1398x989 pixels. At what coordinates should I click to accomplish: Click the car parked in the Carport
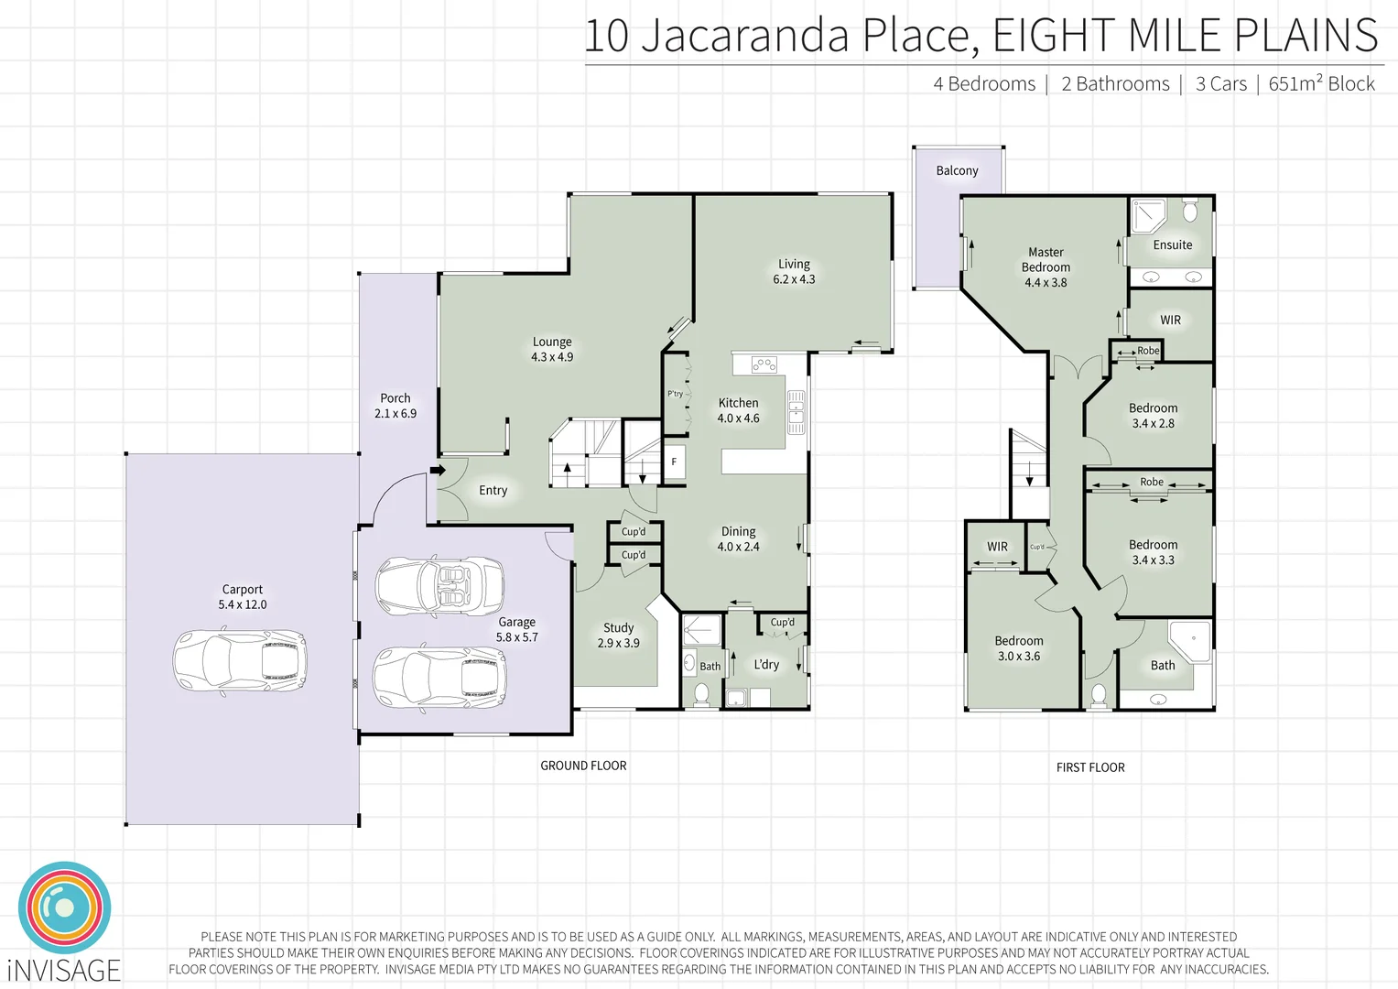coord(240,659)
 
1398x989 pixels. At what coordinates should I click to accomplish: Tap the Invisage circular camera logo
coord(64,907)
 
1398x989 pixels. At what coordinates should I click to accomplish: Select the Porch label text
coord(396,398)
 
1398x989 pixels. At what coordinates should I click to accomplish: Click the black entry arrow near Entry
coord(438,471)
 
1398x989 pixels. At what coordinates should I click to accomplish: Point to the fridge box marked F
coord(674,462)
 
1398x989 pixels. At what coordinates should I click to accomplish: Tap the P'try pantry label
coord(675,394)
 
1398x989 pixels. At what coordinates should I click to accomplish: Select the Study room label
coord(618,628)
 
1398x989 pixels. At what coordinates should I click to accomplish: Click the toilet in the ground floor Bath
coord(701,695)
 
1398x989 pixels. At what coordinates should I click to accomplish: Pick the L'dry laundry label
coord(766,665)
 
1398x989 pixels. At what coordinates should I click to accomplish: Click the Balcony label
coord(957,171)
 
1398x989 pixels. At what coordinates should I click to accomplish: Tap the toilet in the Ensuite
coord(1189,212)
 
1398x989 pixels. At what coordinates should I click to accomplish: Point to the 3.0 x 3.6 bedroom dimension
coord(1019,657)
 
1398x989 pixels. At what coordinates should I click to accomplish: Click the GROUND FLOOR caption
coord(583,766)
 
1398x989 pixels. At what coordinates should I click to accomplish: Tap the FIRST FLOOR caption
coord(1090,767)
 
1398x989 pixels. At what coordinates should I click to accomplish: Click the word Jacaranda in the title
coord(744,37)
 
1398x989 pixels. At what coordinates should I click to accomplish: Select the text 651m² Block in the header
coord(1321,84)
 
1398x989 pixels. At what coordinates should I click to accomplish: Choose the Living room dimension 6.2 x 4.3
coord(794,279)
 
